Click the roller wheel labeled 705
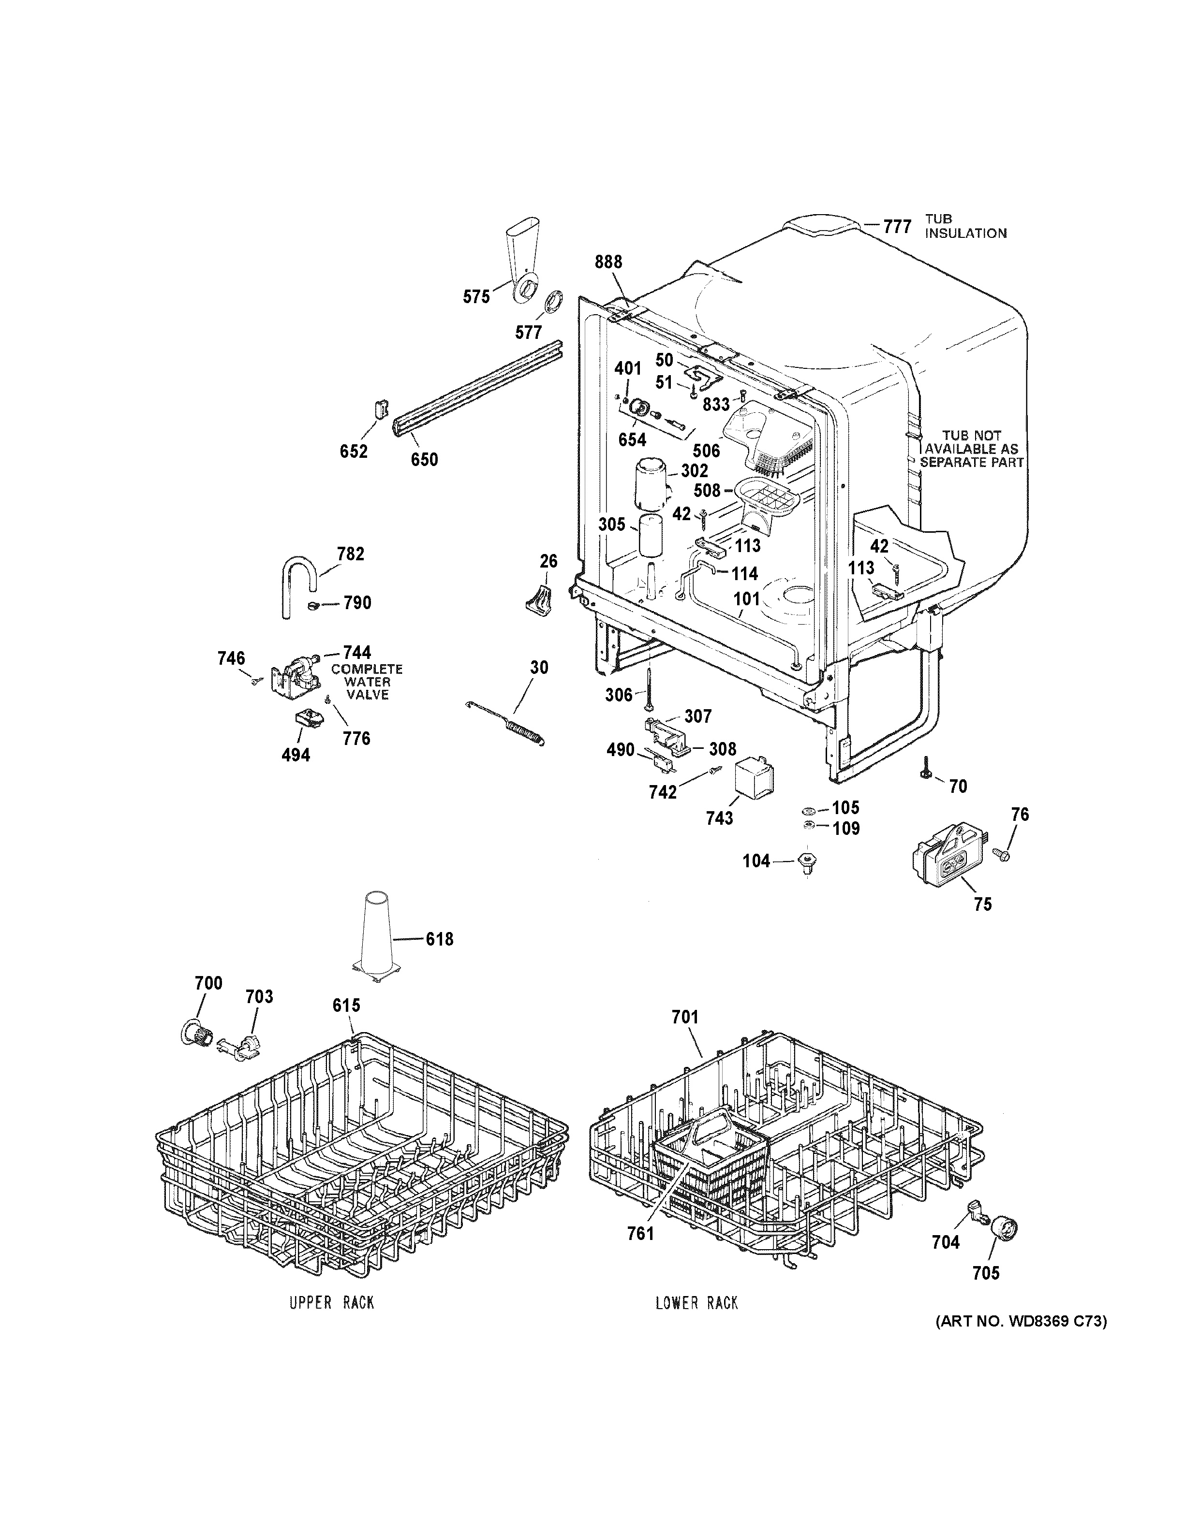click(1004, 1230)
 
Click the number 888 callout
click(608, 262)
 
